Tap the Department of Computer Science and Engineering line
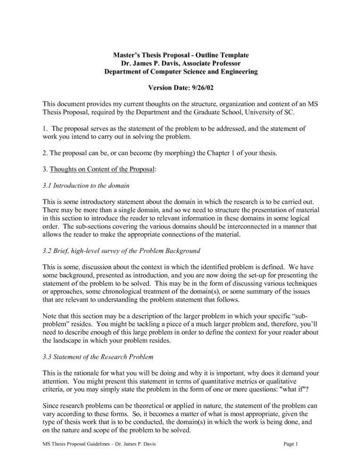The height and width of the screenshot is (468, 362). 181,72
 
